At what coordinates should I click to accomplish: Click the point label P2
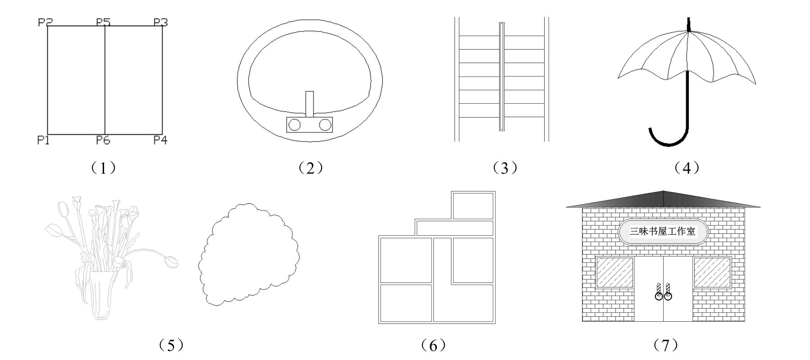(46, 22)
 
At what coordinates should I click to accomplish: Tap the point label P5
(104, 22)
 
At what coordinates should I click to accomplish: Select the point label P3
(161, 22)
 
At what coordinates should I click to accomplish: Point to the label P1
(43, 140)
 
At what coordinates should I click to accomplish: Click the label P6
(103, 140)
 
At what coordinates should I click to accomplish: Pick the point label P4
(160, 140)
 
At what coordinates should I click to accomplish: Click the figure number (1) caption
(104, 169)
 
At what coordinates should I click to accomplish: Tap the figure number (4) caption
(687, 169)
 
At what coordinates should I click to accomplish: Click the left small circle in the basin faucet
(295, 125)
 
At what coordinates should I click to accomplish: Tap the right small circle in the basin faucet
(325, 125)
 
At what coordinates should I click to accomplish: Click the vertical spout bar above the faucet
(309, 104)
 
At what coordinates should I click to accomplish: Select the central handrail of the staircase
(502, 77)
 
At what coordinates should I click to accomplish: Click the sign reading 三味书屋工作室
(663, 232)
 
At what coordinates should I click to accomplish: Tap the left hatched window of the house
(615, 272)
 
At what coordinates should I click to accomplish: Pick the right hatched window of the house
(712, 272)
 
